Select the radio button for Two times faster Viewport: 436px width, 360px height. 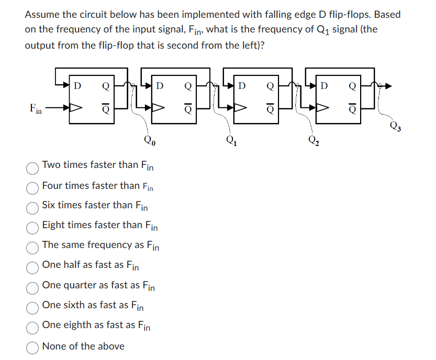32,167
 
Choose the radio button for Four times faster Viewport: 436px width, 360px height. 32,187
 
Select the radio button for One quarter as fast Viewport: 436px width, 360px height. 32,287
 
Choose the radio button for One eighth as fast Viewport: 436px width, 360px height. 32,327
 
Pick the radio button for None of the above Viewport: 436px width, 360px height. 32,347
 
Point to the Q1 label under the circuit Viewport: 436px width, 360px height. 230,140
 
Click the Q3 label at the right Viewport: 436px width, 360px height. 396,126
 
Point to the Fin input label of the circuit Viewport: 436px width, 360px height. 36,109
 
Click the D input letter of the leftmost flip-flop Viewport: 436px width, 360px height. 77,84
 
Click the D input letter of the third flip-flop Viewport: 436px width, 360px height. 242,84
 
